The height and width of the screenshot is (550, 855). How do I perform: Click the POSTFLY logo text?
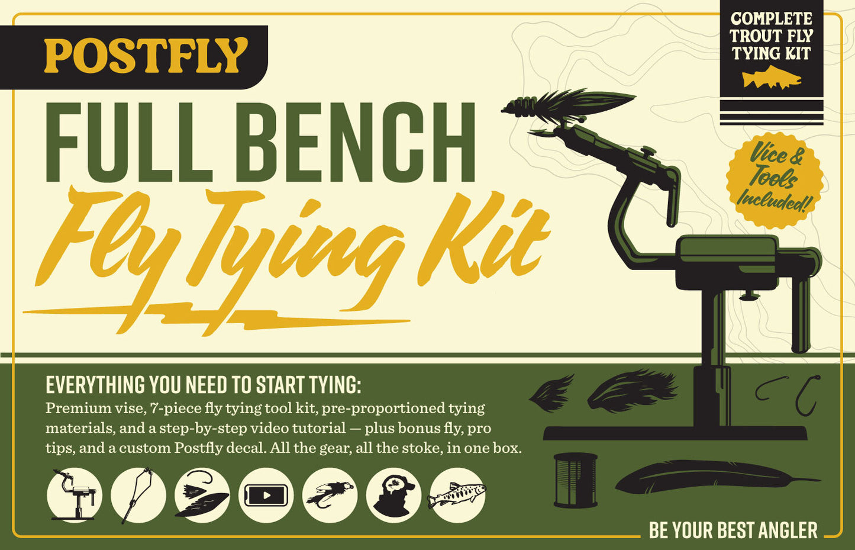[x=145, y=56]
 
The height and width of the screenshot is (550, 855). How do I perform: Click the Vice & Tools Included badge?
[x=775, y=179]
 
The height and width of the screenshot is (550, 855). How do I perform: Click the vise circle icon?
[x=75, y=496]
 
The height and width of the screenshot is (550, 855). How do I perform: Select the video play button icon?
[x=266, y=496]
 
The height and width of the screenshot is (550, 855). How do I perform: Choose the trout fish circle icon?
[x=457, y=496]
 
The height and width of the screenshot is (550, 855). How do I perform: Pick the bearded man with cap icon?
[x=393, y=496]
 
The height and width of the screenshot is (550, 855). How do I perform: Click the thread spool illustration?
[x=575, y=480]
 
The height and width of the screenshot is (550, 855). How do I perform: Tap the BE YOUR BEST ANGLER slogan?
[x=733, y=530]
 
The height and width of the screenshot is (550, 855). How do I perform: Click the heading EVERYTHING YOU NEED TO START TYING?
[x=203, y=385]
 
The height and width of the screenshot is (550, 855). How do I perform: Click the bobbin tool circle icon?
[x=138, y=496]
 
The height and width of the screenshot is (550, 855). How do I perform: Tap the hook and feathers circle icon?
[x=202, y=496]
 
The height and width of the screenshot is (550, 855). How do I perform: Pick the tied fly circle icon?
[x=330, y=496]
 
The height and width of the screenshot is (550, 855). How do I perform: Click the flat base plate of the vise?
[x=675, y=433]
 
